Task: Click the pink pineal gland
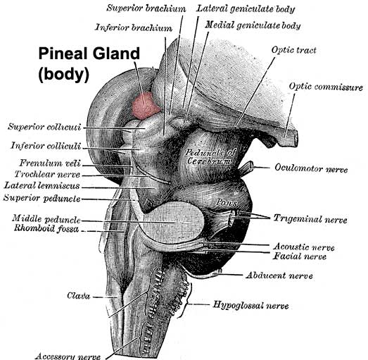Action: coord(145,105)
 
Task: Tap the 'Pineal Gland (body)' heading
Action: coord(89,64)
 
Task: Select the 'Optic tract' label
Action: coord(294,50)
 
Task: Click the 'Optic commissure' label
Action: coord(326,87)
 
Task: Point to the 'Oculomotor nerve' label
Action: coord(311,168)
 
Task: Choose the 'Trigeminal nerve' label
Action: coord(310,219)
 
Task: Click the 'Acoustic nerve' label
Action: coord(304,247)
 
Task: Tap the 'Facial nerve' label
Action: coord(300,256)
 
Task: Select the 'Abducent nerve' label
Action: coord(279,275)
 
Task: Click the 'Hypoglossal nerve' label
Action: coord(250,305)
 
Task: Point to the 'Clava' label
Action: coord(78,296)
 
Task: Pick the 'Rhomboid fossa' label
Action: coord(46,228)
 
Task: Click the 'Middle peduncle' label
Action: coord(46,219)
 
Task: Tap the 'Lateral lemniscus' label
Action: coord(42,186)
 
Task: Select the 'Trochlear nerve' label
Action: coord(47,175)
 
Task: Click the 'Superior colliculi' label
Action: coord(44,127)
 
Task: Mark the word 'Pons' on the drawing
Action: coord(227,202)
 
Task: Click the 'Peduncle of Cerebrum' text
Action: coord(210,157)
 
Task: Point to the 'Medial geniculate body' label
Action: coord(253,25)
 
